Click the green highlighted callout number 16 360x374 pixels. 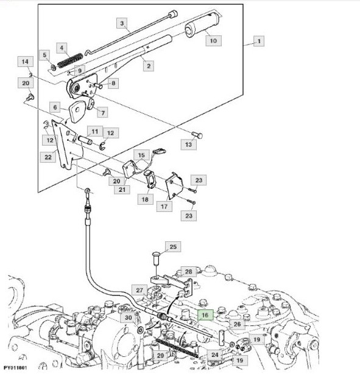click(x=205, y=315)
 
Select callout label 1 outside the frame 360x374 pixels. click(x=259, y=41)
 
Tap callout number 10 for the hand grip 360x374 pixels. click(x=213, y=41)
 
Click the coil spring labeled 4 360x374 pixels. click(x=71, y=60)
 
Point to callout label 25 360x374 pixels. click(x=173, y=247)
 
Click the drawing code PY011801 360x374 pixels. click(x=15, y=367)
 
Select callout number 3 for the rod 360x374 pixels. click(x=122, y=23)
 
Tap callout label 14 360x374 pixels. click(x=25, y=62)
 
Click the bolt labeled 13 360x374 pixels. click(x=197, y=135)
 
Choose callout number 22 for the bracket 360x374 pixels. click(x=48, y=157)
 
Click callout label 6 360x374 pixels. click(x=55, y=107)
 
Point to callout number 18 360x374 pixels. click(x=145, y=199)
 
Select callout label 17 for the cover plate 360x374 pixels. click(x=164, y=206)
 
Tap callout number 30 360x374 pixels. click(x=129, y=317)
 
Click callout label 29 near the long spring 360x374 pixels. click(x=160, y=356)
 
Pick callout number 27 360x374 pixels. click(x=139, y=291)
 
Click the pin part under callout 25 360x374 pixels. click(x=156, y=258)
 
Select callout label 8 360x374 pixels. click(x=113, y=83)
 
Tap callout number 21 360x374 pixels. click(x=122, y=189)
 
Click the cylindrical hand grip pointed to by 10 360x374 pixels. click(x=203, y=23)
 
